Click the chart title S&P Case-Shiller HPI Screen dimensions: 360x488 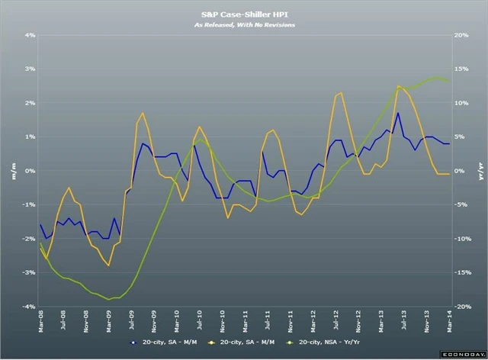(244, 14)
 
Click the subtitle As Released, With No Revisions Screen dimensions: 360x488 (244, 25)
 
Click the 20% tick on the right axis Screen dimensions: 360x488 (461, 35)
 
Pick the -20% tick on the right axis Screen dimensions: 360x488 (462, 307)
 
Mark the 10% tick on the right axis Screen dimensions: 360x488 (461, 103)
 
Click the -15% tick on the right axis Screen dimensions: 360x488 (462, 272)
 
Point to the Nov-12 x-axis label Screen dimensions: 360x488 (358, 323)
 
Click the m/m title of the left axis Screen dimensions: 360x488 (13, 170)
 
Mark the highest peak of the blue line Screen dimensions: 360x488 (397, 113)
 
